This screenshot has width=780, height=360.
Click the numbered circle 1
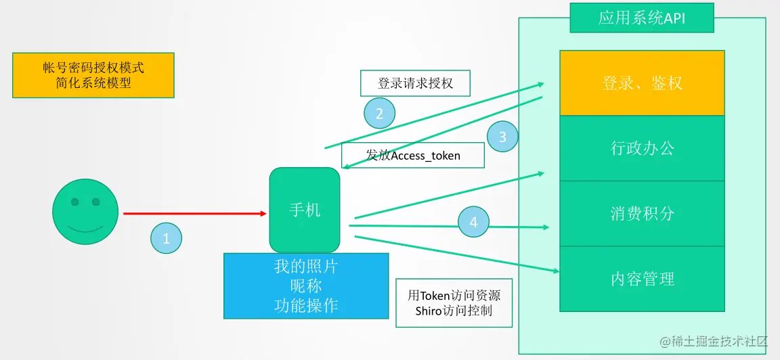click(167, 238)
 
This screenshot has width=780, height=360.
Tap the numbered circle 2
click(379, 114)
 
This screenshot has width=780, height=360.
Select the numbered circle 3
click(502, 137)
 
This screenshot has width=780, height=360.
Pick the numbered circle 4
click(473, 221)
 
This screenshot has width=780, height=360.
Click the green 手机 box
click(305, 210)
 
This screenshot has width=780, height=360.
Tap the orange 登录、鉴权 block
click(642, 83)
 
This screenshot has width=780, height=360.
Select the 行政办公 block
click(642, 148)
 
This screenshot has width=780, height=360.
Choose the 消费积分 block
click(642, 214)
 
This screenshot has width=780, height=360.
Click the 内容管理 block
click(642, 279)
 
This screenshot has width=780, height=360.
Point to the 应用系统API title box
click(642, 18)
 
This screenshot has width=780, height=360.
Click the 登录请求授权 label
click(415, 83)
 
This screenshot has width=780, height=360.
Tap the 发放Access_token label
click(413, 156)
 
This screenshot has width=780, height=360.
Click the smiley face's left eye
click(75, 202)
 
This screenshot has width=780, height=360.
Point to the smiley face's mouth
click(85, 229)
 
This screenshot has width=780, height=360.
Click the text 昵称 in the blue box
click(306, 286)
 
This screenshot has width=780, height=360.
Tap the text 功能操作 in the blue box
click(306, 306)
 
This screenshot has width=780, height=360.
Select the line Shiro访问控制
click(454, 311)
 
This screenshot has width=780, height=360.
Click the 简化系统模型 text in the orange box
click(93, 83)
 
